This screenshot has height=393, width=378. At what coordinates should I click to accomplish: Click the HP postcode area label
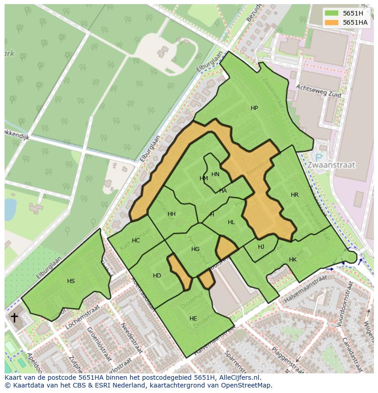coord(254,108)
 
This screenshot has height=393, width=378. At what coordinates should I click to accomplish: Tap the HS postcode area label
coord(71,281)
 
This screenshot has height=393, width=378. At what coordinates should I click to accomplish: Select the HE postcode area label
coord(193,319)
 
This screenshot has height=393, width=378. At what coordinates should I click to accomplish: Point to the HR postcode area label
coord(294,195)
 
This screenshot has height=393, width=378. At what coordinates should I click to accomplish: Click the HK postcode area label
coord(293,260)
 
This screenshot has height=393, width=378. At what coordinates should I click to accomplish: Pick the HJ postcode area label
coord(261,247)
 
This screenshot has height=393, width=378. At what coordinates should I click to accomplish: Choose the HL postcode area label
coord(231,222)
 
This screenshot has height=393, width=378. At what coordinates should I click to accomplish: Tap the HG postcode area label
coord(195,249)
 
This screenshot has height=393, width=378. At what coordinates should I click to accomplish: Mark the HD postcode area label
coord(157,276)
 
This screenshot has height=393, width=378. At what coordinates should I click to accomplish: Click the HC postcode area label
coord(136,241)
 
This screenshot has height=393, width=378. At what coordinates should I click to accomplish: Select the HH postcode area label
coord(171,214)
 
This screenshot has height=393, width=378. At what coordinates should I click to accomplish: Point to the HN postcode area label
coord(215,174)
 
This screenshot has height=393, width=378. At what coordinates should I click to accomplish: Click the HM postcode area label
coord(204,178)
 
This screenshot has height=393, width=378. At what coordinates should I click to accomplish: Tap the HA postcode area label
coord(223,191)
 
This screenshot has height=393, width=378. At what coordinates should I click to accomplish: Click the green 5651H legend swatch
coord(331,13)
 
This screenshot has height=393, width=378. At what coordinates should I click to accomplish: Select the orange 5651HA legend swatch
coord(331,22)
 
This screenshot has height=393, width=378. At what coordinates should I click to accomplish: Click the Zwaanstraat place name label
coord(331,165)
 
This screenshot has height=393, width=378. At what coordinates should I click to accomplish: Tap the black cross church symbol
coord(15,317)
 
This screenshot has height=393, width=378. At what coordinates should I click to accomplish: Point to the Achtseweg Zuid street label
coord(318,89)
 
